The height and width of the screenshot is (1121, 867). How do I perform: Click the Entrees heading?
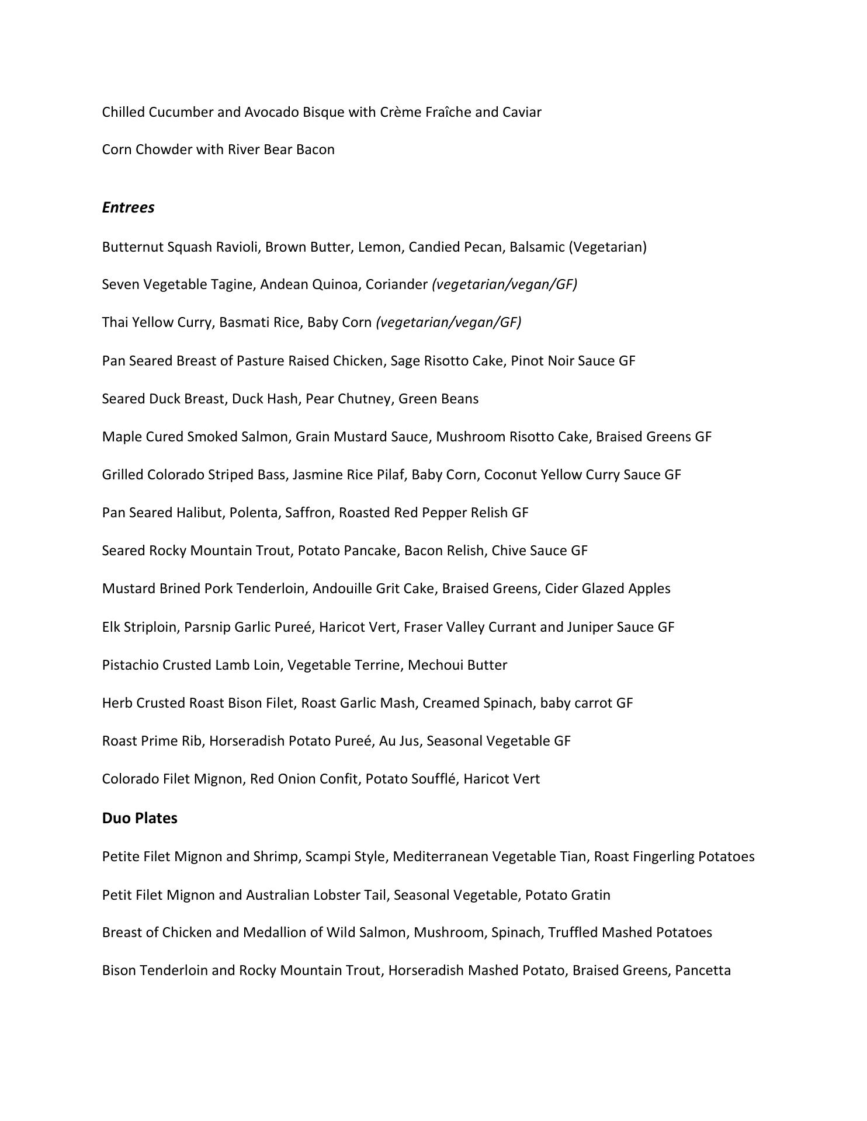pyautogui.click(x=128, y=208)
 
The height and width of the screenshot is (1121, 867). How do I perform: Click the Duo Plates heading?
pyautogui.click(x=140, y=818)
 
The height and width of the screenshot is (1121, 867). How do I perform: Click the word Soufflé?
pyautogui.click(x=433, y=779)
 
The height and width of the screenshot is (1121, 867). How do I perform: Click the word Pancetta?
pyautogui.click(x=703, y=970)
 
